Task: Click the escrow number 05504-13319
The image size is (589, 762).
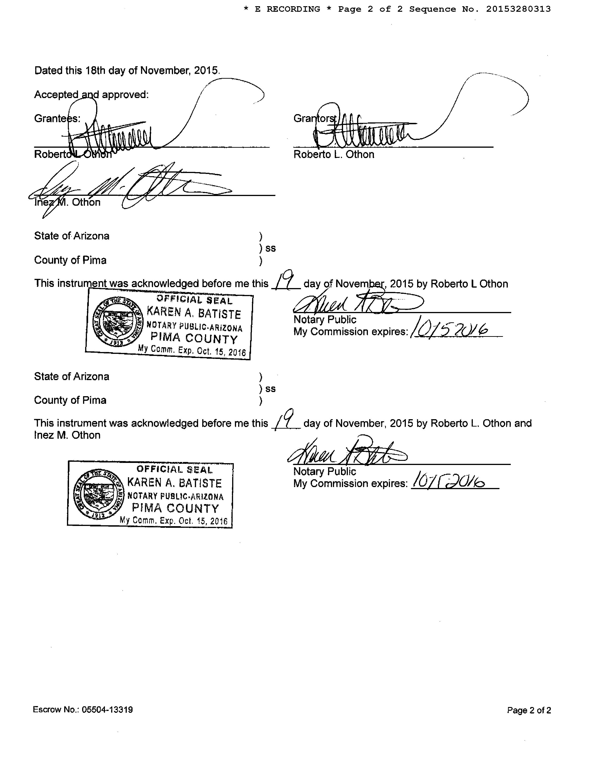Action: click(107, 710)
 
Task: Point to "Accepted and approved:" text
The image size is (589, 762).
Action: click(91, 95)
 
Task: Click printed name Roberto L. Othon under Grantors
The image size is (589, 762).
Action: click(334, 155)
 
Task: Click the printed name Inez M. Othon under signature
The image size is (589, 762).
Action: click(67, 202)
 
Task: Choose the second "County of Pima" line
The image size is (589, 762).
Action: click(70, 400)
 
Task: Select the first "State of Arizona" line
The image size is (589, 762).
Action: click(72, 236)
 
